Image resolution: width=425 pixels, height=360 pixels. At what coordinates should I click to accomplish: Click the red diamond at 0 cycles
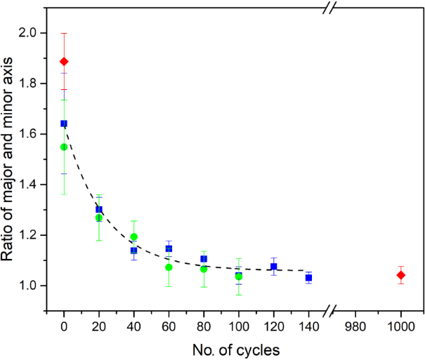click(64, 62)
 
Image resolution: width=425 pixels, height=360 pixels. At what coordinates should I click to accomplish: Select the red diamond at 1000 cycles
click(401, 275)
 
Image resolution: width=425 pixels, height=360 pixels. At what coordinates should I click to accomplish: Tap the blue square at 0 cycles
click(64, 124)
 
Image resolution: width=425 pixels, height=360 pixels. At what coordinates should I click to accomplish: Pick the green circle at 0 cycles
click(64, 147)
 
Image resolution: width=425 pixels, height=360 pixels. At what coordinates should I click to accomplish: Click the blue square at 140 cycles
click(308, 278)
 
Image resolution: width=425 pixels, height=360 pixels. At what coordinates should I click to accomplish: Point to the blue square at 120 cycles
click(274, 267)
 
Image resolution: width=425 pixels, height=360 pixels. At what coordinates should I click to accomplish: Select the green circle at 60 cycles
click(169, 267)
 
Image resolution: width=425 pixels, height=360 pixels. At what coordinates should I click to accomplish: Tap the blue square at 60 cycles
click(169, 248)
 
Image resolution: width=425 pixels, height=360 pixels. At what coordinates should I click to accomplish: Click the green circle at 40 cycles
click(133, 236)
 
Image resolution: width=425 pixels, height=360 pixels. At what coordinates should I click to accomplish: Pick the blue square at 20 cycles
click(99, 209)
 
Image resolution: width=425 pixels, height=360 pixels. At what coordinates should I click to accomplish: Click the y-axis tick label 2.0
click(36, 33)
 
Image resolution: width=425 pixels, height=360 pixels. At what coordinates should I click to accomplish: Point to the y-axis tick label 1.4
click(36, 185)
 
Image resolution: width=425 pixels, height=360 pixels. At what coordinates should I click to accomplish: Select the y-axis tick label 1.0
click(36, 286)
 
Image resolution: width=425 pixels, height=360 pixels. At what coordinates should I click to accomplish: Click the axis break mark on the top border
click(329, 9)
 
